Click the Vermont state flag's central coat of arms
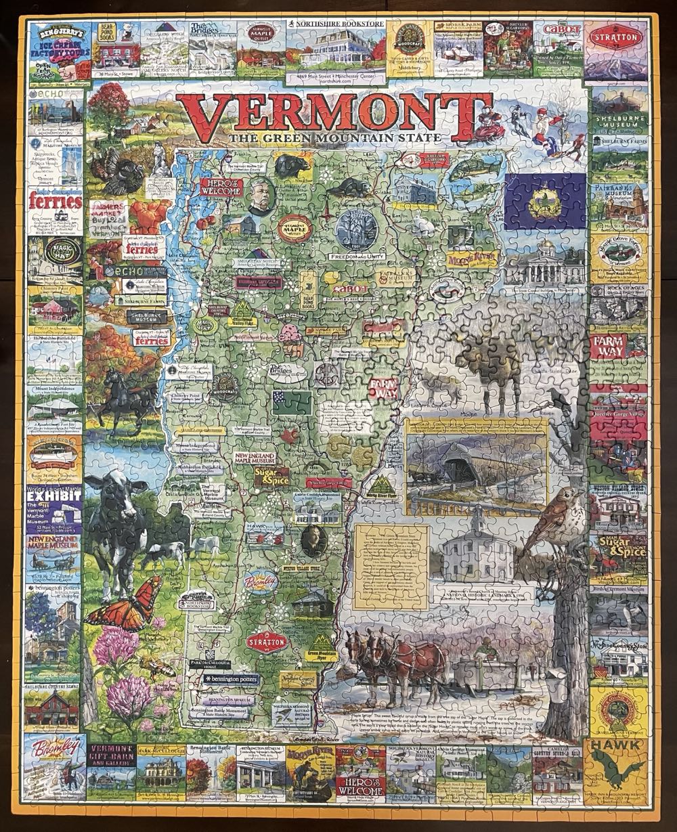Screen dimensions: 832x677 (544, 201)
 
